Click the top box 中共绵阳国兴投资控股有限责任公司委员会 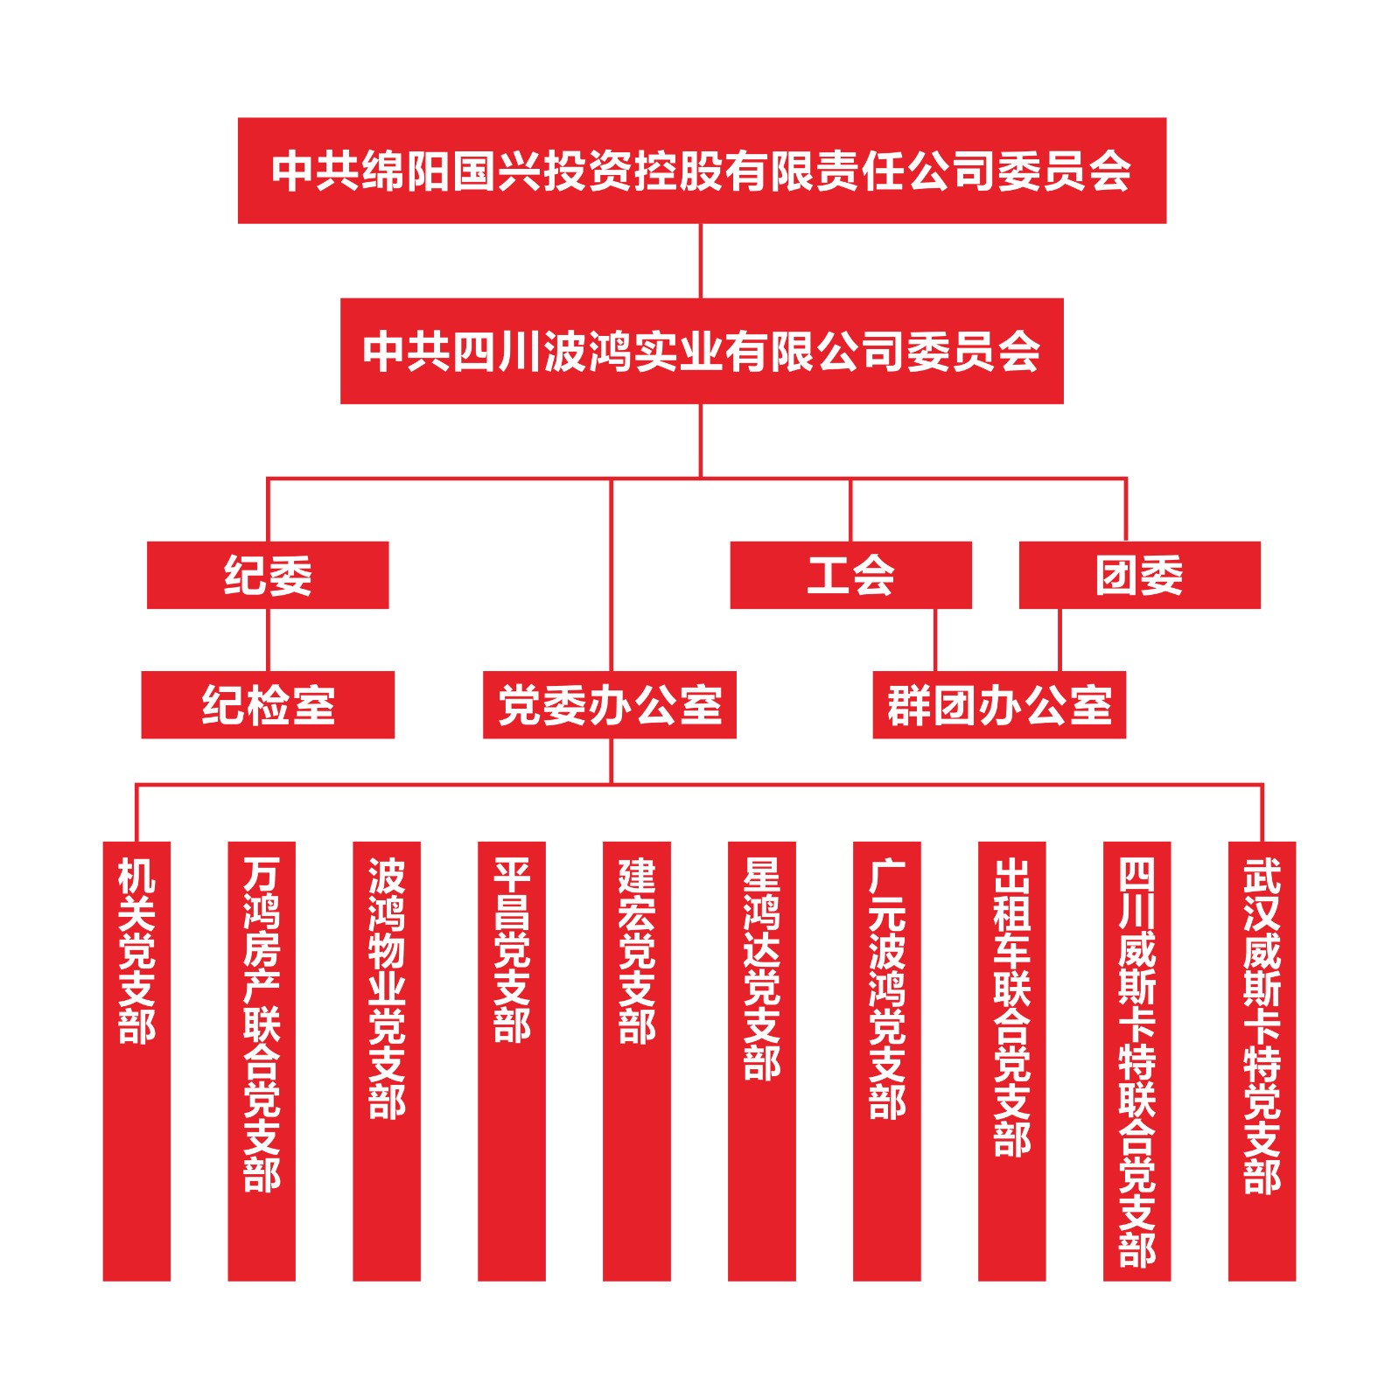pos(701,171)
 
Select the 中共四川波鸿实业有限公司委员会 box pos(701,351)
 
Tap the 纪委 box pos(267,575)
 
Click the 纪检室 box pos(267,704)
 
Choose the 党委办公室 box pos(609,704)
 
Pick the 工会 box pos(850,575)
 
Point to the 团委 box pos(1138,575)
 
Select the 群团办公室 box pos(998,704)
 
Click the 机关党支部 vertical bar pos(136,1060)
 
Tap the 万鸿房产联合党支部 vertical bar pos(262,1060)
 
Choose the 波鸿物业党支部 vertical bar pos(386,1060)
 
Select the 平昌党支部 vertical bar pos(511,1060)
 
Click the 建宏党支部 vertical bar pos(636,1060)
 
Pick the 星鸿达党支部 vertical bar pos(761,1060)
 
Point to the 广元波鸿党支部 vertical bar pos(886,1060)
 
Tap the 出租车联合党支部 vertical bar pos(1011,1060)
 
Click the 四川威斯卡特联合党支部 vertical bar pos(1137,1060)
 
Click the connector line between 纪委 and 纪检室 pos(268,640)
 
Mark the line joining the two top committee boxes pos(701,261)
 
